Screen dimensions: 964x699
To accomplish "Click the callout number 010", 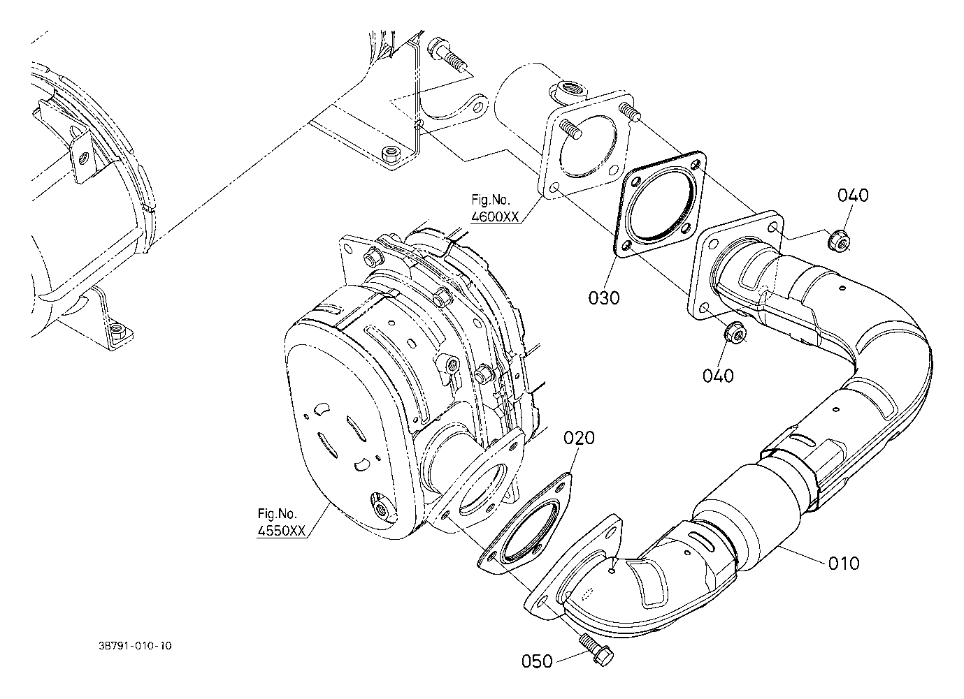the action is pyautogui.click(x=844, y=563).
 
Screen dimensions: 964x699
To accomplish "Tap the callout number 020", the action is pyautogui.click(x=579, y=438).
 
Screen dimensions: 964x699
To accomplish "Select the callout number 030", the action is pyautogui.click(x=604, y=298).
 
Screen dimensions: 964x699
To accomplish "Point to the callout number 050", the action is pyautogui.click(x=537, y=661).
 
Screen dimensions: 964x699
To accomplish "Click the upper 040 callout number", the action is pyautogui.click(x=853, y=195).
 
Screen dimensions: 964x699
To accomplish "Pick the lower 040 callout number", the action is pyautogui.click(x=718, y=376).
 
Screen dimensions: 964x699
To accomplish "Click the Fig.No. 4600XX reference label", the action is pyautogui.click(x=495, y=209).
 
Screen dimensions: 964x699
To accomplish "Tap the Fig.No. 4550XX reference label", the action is pyautogui.click(x=281, y=522).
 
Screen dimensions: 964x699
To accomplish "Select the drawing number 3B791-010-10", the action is pyautogui.click(x=135, y=646).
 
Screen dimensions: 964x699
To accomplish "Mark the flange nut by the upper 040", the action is pyautogui.click(x=838, y=241).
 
